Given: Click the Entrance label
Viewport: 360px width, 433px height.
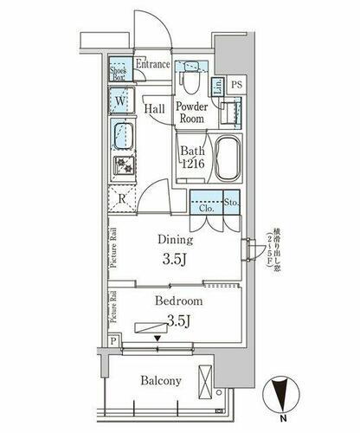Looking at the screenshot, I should pos(153,65).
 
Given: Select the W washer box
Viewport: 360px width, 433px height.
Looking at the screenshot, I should pos(119,102).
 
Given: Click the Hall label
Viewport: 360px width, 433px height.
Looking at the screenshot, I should pos(156,108).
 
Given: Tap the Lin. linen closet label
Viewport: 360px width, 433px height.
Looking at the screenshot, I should pos(218,85).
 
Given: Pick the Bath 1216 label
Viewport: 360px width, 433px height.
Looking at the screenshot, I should pos(192,158).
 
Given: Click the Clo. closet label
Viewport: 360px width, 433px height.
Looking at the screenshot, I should pos(207,209).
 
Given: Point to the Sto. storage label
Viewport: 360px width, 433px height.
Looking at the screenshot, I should pos(231,204).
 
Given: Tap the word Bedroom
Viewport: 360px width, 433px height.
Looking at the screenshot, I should pos(178,301).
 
